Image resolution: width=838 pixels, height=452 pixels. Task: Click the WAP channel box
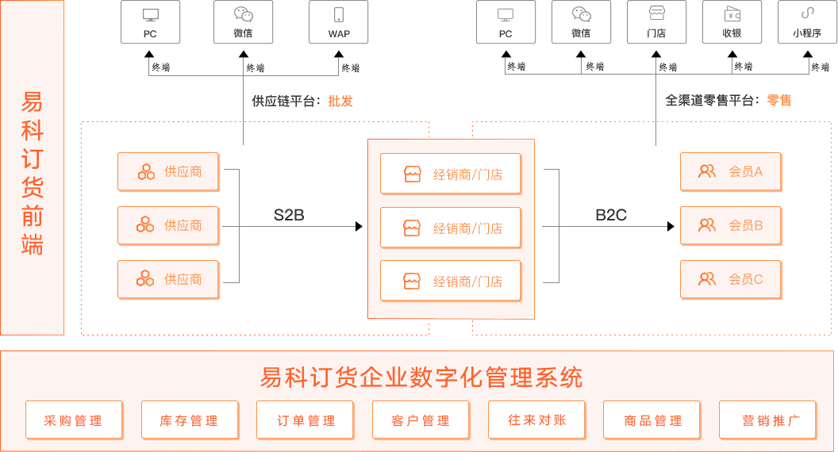point(339,21)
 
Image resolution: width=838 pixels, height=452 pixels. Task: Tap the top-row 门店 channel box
point(656,21)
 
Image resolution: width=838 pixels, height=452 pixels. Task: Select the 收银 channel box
point(732,21)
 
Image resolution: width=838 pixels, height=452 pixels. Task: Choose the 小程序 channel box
point(807,21)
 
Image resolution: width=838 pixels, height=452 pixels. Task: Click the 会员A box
point(731,171)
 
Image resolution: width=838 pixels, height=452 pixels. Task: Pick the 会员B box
point(731,226)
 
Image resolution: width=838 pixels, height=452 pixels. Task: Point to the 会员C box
point(731,279)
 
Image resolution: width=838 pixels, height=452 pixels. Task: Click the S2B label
point(289,214)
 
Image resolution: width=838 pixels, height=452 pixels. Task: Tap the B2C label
point(611,214)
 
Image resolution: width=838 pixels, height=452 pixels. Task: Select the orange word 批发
point(340,102)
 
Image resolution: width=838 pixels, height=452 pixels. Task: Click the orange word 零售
point(779,101)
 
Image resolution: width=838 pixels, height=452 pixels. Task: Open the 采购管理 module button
point(74,420)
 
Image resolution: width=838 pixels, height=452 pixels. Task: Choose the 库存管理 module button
point(189,420)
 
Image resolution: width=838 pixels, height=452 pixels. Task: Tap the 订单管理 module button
point(306,420)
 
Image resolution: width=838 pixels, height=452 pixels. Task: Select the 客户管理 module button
point(421,420)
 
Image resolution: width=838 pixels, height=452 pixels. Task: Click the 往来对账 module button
point(537,419)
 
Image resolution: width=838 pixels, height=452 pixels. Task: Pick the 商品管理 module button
point(652,420)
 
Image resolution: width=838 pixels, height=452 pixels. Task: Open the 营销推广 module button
point(767,420)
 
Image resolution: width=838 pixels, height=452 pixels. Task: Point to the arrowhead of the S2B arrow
point(359,226)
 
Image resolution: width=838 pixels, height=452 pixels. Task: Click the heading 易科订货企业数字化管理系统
point(421,377)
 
